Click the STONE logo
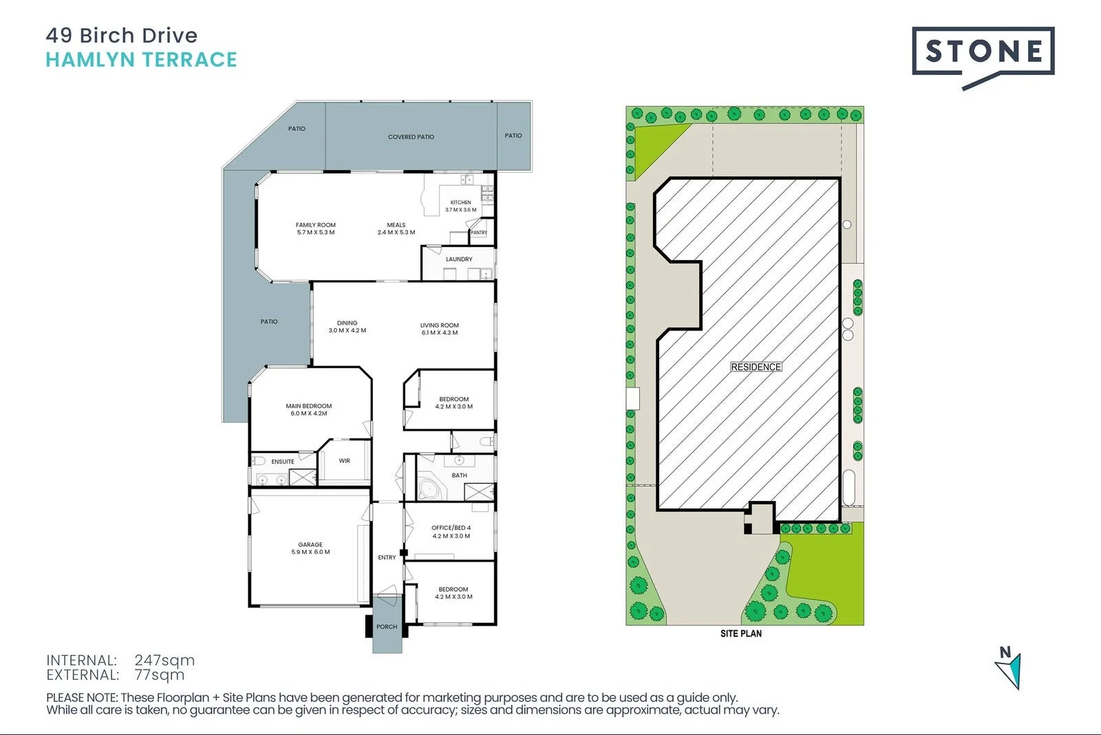point(983,52)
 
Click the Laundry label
point(459,259)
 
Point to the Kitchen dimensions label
point(460,210)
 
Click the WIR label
point(345,461)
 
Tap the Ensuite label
point(283,462)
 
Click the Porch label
point(387,627)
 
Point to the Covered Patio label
point(411,137)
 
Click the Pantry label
point(479,233)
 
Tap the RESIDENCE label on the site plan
point(756,367)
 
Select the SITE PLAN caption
point(741,633)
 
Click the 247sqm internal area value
point(164,661)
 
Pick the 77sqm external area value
point(160,675)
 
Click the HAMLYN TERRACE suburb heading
point(141,60)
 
